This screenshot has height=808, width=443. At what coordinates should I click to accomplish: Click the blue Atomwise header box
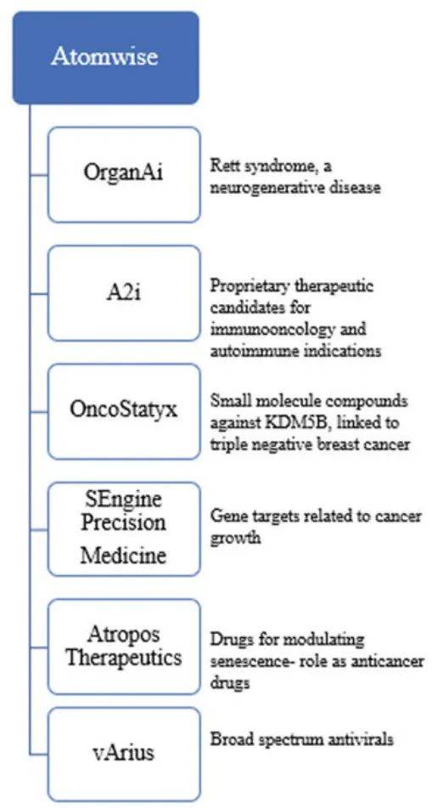[105, 58]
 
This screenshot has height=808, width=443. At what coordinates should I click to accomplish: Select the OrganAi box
[124, 175]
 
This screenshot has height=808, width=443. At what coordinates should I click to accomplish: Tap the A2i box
[124, 292]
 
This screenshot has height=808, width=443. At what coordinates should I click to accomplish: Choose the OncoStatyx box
[124, 411]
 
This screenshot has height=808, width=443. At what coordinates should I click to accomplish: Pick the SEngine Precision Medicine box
[124, 528]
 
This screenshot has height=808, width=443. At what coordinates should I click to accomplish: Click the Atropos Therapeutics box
[124, 647]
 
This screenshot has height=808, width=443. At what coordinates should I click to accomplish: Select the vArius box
[124, 754]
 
